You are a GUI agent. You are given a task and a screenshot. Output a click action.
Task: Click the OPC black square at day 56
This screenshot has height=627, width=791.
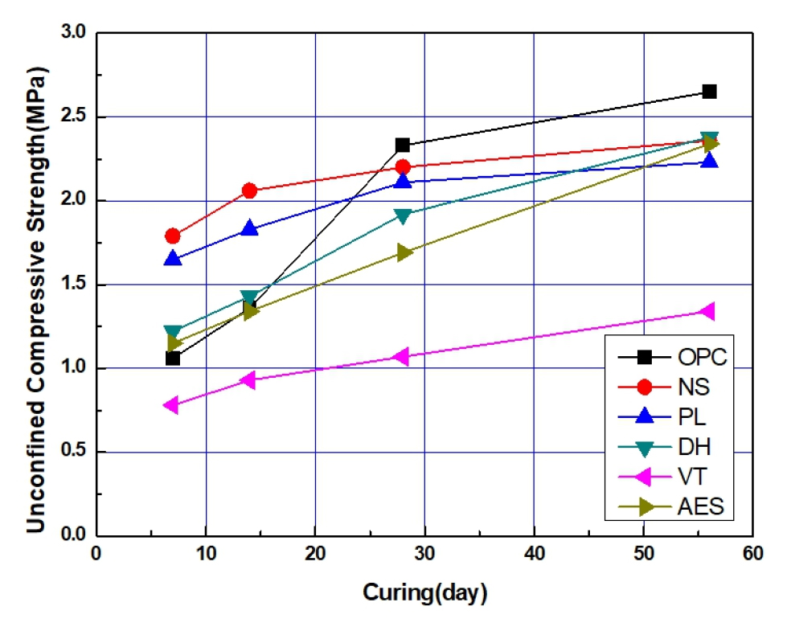coord(709,92)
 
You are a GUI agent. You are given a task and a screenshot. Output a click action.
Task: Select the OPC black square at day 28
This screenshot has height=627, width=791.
coord(403,145)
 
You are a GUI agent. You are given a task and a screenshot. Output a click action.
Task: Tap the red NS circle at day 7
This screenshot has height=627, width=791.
coord(173,236)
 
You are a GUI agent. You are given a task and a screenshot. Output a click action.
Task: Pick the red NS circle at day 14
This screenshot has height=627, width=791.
coord(249,191)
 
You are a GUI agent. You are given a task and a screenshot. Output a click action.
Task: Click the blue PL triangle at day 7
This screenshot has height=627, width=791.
coord(173,258)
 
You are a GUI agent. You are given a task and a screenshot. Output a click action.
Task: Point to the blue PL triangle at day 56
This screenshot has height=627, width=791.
coord(709,161)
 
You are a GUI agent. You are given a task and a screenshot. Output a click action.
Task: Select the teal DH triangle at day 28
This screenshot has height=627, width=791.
coord(403,215)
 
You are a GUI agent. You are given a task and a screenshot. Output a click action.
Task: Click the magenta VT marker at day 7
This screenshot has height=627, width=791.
coord(171,404)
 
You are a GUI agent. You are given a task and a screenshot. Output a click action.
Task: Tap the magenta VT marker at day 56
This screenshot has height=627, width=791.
coord(707,311)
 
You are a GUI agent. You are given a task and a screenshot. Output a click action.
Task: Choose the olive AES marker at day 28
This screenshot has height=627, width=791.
coord(404,252)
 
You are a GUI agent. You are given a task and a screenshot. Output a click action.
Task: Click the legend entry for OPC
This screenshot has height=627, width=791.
coord(702,356)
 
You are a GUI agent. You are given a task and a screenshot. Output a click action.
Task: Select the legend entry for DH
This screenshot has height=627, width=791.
coord(693,446)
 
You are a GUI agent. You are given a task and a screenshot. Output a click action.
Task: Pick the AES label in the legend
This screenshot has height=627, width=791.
coord(700,506)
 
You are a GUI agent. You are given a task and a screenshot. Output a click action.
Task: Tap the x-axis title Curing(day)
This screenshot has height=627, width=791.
coord(425,593)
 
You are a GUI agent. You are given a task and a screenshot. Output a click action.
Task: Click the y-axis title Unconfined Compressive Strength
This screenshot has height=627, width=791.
coord(35,298)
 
